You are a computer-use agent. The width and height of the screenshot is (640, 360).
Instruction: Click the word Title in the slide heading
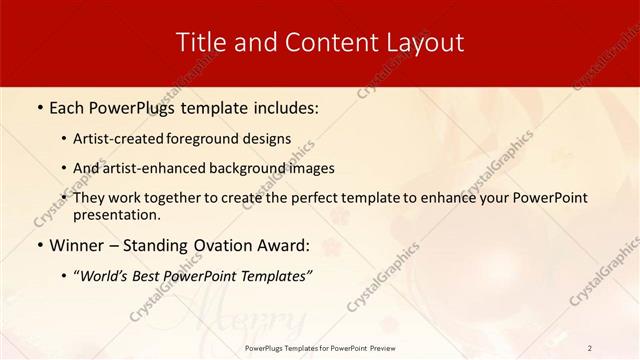click(199, 42)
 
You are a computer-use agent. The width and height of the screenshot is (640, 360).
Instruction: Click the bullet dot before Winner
click(38, 246)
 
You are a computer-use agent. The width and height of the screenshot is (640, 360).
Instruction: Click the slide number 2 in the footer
click(590, 347)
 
